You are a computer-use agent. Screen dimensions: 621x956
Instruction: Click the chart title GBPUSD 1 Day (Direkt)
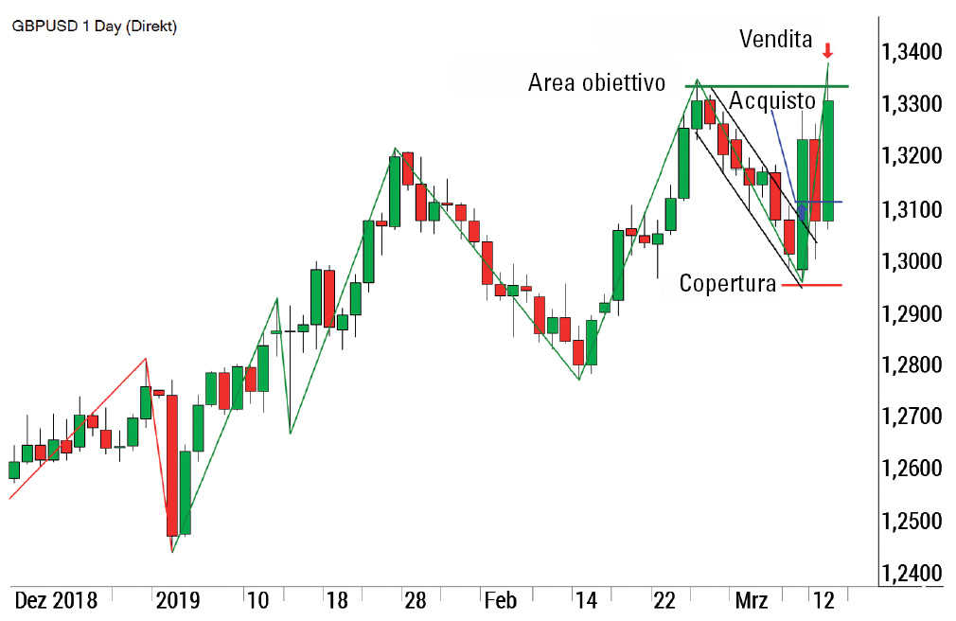pos(94,26)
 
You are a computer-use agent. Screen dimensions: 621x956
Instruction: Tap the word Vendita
pos(775,39)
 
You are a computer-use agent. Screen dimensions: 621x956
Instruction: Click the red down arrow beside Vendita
pos(827,50)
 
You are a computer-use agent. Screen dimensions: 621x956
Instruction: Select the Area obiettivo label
pos(597,82)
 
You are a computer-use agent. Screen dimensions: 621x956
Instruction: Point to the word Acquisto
pos(772,100)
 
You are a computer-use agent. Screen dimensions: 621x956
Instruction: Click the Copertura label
pos(727,283)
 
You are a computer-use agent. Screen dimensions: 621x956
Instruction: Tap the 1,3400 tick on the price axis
pos(912,51)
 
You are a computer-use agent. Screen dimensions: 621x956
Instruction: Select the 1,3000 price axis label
pos(912,261)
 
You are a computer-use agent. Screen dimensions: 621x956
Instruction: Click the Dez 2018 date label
pos(55,600)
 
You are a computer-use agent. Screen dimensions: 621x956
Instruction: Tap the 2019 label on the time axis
pos(177,600)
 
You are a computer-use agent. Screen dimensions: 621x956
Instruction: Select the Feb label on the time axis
pos(499,600)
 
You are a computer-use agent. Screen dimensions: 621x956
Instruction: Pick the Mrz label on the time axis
pos(750,600)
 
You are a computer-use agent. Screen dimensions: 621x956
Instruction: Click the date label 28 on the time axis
pos(415,600)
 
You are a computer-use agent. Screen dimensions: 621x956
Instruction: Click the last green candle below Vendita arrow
pos(828,161)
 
